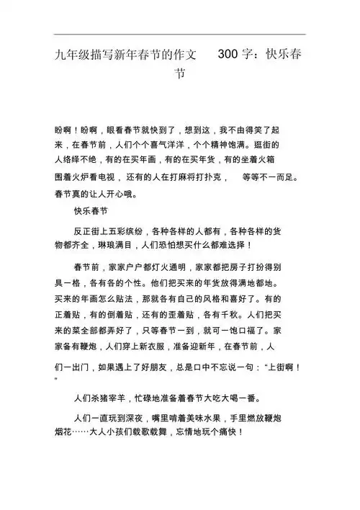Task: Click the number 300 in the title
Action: coord(229,54)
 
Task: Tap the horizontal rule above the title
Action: coord(180,35)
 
